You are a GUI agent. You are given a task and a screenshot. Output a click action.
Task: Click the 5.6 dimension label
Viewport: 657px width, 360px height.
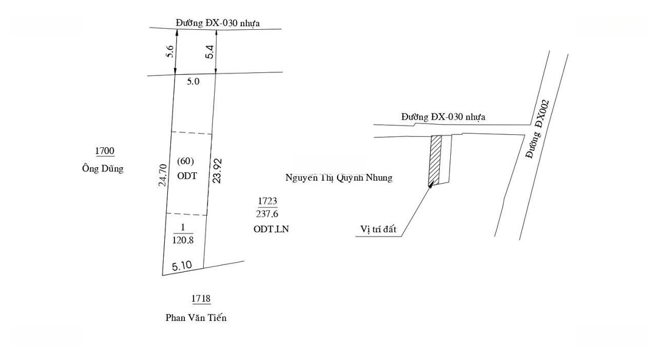(x=170, y=52)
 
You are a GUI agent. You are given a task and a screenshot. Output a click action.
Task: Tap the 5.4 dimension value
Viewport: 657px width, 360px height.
(x=209, y=52)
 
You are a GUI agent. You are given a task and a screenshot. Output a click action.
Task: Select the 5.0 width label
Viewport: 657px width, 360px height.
(x=193, y=81)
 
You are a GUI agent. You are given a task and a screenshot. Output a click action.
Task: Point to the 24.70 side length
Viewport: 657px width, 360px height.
(x=162, y=175)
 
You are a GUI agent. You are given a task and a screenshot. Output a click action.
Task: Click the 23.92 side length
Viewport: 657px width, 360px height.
(x=217, y=170)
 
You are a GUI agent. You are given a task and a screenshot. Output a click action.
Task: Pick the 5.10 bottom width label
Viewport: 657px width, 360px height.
(x=182, y=266)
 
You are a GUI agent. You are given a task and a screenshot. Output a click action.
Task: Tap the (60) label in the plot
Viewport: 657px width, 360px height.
(x=186, y=161)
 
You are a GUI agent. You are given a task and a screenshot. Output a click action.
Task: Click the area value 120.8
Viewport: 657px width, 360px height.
(x=183, y=240)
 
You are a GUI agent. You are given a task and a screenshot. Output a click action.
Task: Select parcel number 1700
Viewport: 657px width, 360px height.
(x=105, y=150)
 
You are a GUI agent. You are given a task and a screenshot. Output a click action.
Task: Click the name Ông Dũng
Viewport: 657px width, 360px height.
(x=103, y=168)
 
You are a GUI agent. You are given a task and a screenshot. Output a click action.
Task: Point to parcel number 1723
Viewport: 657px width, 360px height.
(x=267, y=201)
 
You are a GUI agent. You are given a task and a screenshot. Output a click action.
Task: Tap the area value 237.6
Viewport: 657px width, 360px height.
(x=267, y=213)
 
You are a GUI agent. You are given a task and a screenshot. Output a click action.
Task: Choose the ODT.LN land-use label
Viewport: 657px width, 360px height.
(x=271, y=229)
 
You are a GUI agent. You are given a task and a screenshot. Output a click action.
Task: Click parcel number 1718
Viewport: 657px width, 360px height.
(x=201, y=299)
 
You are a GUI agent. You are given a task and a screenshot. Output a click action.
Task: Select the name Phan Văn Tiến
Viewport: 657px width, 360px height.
(x=196, y=317)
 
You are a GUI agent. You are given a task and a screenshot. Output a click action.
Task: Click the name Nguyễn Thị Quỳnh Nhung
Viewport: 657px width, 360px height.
(x=339, y=178)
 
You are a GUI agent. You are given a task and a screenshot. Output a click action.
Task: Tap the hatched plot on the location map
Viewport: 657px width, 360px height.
(x=435, y=161)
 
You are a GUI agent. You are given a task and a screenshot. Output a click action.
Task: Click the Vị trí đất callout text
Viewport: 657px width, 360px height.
(x=378, y=229)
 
